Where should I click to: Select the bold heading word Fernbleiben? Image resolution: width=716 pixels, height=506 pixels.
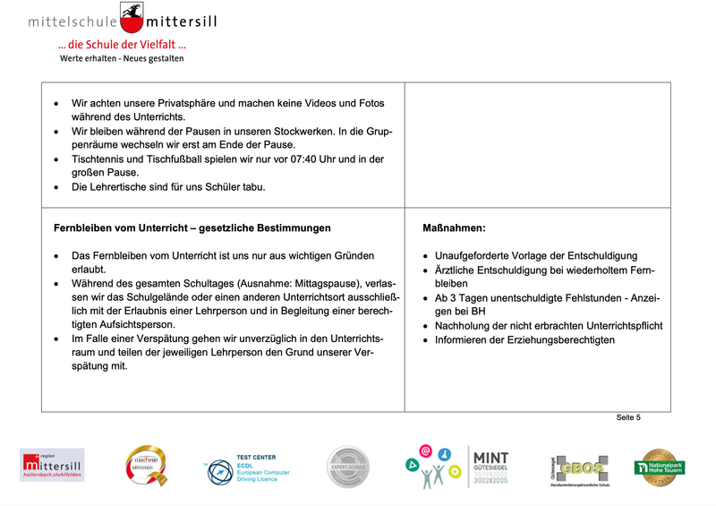pyautogui.click(x=85, y=228)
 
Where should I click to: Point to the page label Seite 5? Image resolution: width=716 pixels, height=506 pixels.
pyautogui.click(x=628, y=417)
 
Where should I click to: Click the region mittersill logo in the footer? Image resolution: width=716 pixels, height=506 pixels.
pyautogui.click(x=52, y=466)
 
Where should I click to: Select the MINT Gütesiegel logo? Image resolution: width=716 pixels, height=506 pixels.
pyautogui.click(x=489, y=466)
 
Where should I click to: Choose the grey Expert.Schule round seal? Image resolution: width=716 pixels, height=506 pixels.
pyautogui.click(x=347, y=467)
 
